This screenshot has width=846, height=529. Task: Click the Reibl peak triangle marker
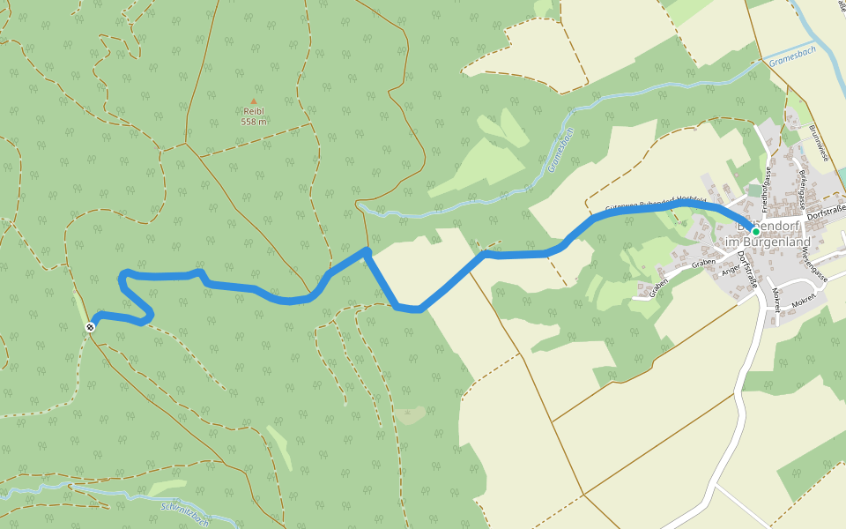tap(254, 101)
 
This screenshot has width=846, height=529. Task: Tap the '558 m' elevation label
tap(254, 122)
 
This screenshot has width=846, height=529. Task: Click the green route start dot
tap(755, 231)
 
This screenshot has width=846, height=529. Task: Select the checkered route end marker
tap(90, 327)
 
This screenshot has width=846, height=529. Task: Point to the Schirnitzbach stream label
tap(187, 510)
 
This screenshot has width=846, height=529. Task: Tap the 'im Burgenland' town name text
tap(766, 242)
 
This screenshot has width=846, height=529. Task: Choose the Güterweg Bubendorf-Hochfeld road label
tap(656, 205)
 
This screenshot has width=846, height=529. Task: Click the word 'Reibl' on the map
tap(254, 111)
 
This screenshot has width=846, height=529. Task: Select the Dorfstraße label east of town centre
tap(826, 209)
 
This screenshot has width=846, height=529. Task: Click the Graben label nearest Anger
tap(702, 263)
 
